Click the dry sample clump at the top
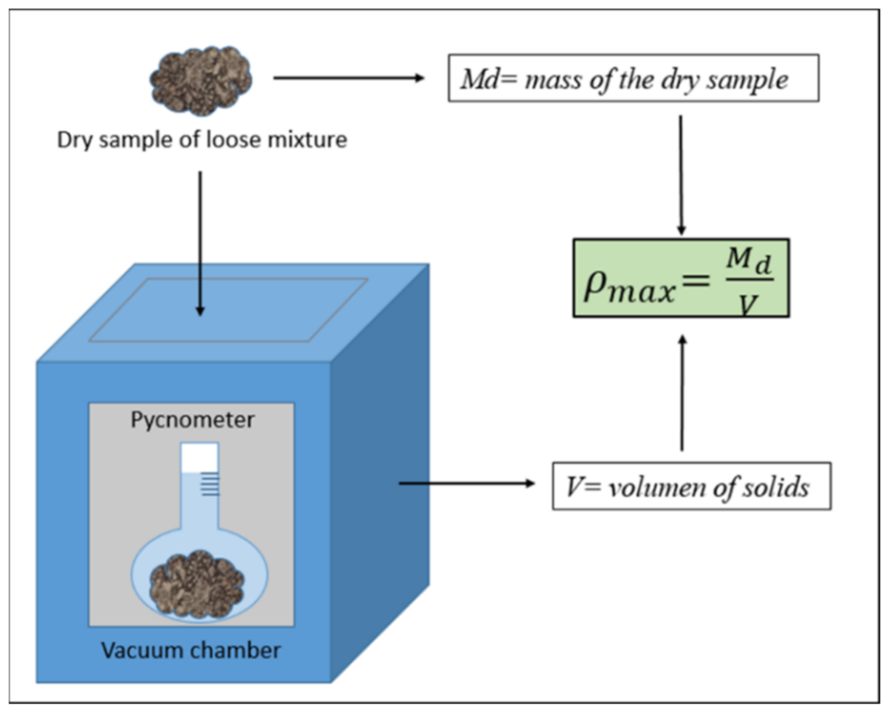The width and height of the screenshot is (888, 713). [201, 81]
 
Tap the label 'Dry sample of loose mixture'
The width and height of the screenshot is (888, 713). [202, 140]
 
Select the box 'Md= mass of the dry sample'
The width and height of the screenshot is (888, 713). [633, 78]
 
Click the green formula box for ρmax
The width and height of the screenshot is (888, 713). [681, 278]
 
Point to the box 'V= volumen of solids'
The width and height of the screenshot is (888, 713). [691, 486]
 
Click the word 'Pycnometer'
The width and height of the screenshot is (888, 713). [192, 419]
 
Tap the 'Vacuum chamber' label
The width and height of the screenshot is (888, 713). [191, 650]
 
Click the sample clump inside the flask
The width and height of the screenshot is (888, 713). [197, 584]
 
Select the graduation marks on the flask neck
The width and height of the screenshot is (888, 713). [211, 484]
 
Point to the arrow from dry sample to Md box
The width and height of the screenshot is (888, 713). [348, 78]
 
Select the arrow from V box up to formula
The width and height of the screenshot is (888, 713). [682, 393]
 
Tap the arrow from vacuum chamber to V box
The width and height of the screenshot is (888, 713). [467, 483]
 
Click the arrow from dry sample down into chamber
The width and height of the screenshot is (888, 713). [200, 243]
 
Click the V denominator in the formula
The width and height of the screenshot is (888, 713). [748, 304]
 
